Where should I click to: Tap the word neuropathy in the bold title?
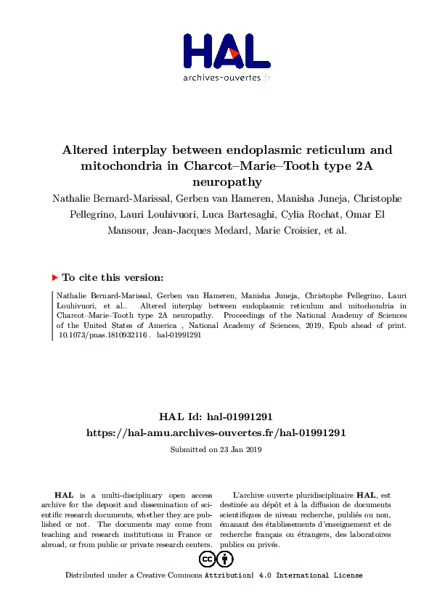(216, 182)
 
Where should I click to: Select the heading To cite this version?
(113, 277)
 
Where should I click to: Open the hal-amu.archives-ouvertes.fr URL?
(216, 432)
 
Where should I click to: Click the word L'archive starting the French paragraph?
(247, 494)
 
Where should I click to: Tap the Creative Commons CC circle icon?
(207, 559)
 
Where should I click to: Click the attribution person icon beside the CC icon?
(226, 559)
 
